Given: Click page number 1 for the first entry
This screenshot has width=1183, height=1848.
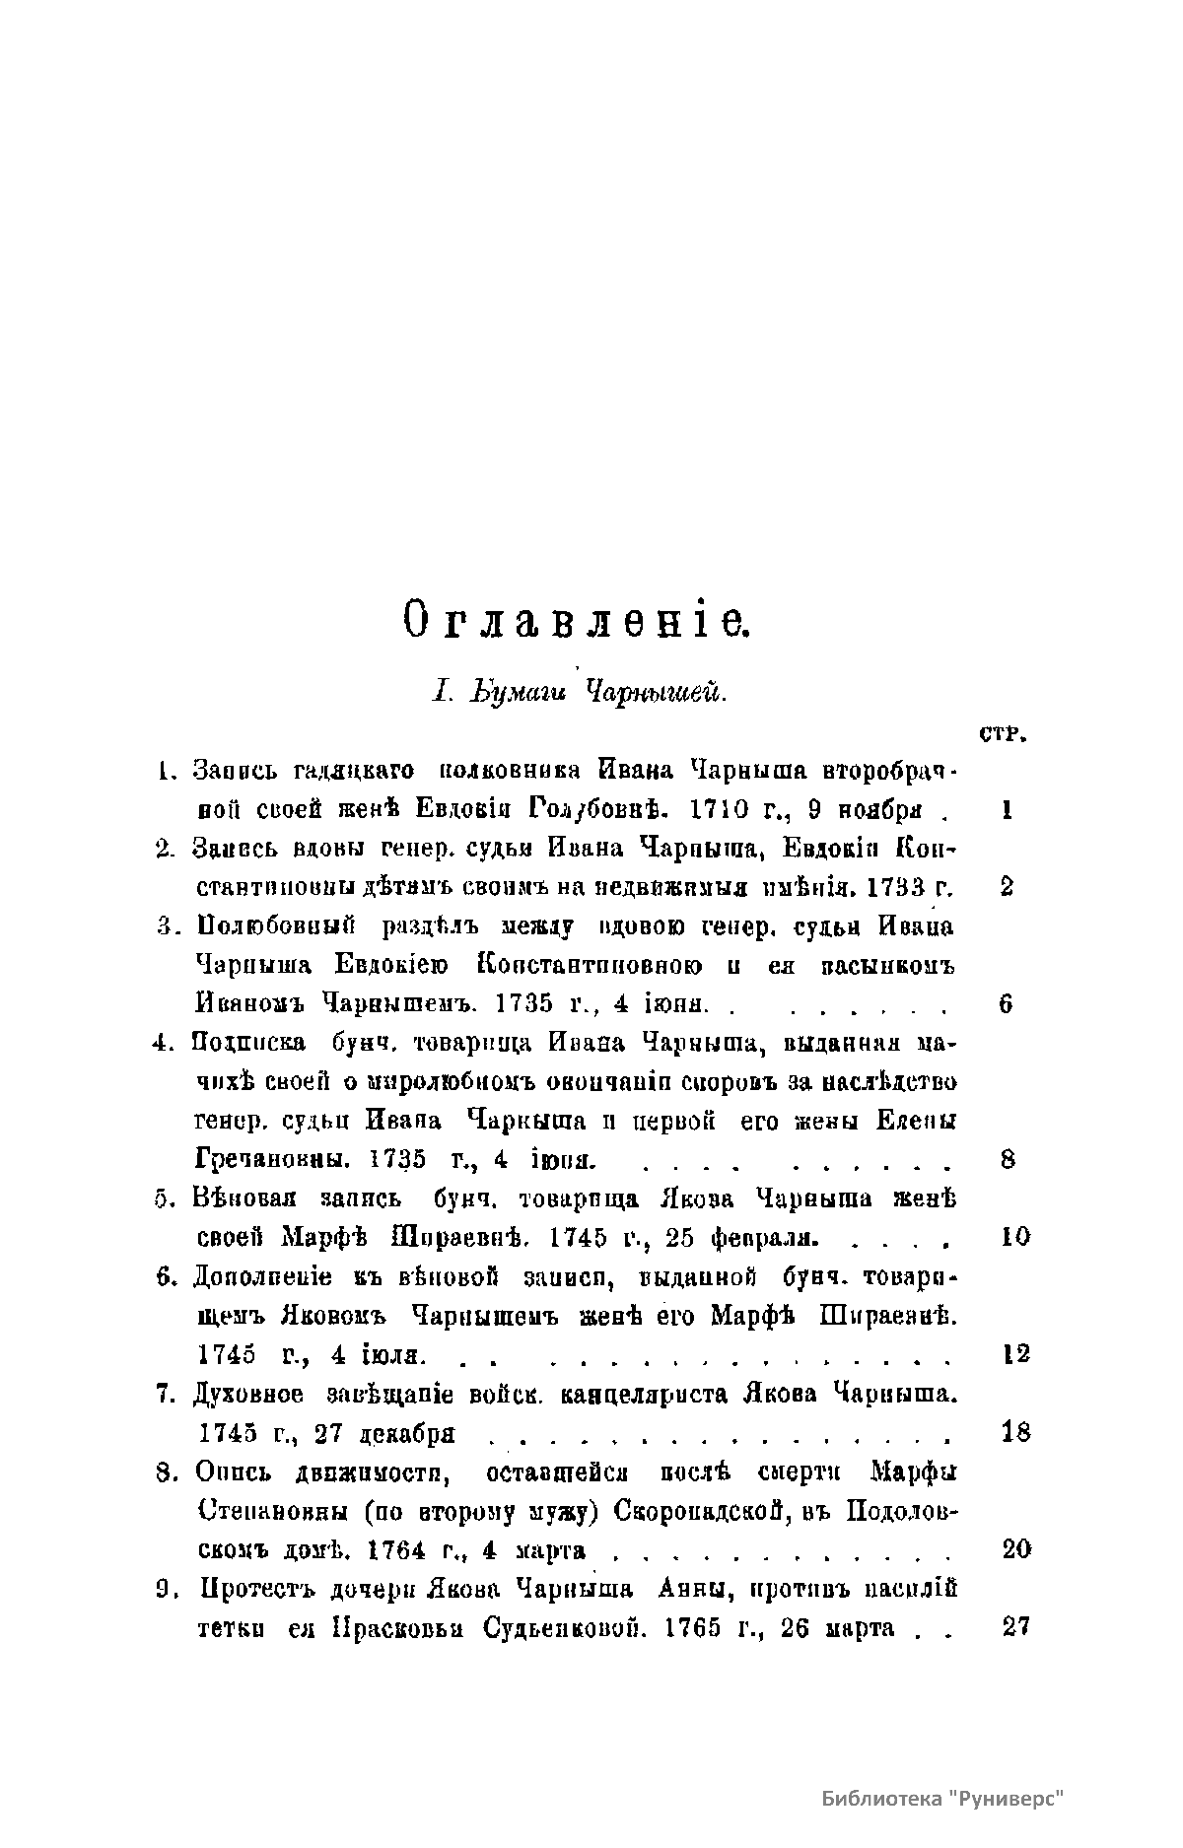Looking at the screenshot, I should pos(1007,810).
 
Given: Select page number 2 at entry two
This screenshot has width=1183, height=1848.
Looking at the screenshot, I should pos(1007,887).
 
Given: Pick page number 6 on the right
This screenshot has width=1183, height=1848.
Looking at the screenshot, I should pos(1007,1004).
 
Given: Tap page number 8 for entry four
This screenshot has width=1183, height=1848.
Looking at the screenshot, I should pos(1007,1159).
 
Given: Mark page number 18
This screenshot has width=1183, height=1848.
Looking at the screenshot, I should pos(1015,1432).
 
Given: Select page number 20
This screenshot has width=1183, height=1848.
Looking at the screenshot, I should pos(1015,1549).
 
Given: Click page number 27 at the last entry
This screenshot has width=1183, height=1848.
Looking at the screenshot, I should pos(1015,1627).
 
